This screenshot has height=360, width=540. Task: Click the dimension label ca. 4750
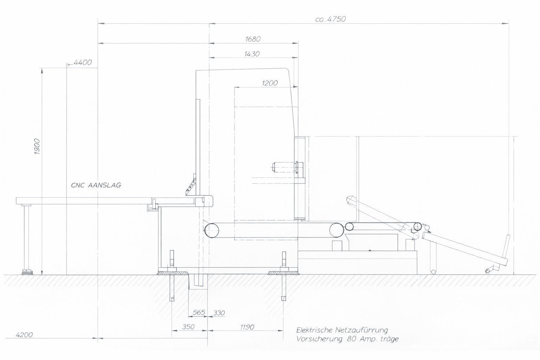click(x=330, y=19)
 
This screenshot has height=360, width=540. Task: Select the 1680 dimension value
click(x=253, y=39)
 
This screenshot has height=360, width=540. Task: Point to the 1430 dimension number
click(x=252, y=54)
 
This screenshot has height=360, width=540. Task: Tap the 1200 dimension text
click(x=270, y=83)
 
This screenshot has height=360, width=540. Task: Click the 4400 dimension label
click(x=83, y=63)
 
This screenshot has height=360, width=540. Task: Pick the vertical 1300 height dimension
click(x=37, y=146)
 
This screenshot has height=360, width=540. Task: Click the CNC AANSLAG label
click(x=96, y=185)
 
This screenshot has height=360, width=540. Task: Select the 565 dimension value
click(x=199, y=313)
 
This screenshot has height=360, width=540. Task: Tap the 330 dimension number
click(x=219, y=313)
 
